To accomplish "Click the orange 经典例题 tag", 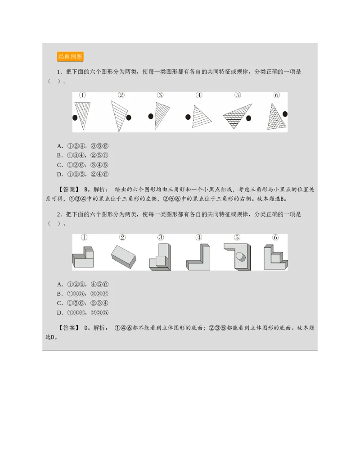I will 70,57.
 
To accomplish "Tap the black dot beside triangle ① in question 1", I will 75,118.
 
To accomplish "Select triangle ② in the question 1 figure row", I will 119,115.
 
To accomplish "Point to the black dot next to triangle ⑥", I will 284,114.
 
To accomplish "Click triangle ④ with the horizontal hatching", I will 202,117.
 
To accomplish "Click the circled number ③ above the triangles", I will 160,95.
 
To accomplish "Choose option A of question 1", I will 83,146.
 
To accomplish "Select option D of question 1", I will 83,174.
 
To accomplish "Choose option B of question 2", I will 83,294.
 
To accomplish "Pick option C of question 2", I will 83,303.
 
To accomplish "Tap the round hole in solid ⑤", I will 240,257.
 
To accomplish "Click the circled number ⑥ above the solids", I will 275,237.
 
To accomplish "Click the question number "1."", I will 59,72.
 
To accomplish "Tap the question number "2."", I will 59,214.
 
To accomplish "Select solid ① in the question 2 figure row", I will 83,258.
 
